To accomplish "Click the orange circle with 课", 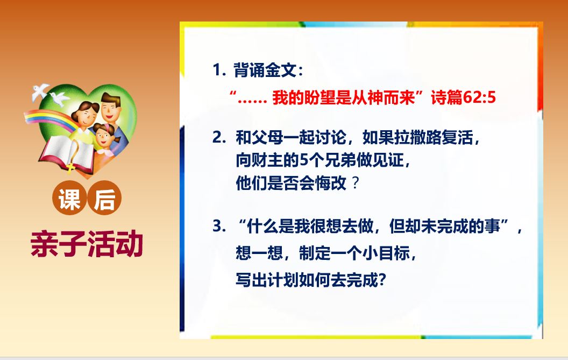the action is pyautogui.click(x=69, y=198).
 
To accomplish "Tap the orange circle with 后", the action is pyautogui.click(x=105, y=198).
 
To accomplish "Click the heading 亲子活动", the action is pyautogui.click(x=87, y=244).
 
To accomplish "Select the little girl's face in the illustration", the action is pyautogui.click(x=104, y=137).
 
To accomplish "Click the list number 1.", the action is pyautogui.click(x=219, y=70).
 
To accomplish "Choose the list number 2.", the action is pyautogui.click(x=219, y=138).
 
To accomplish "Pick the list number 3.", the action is pyautogui.click(x=219, y=226).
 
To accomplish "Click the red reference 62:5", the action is pyautogui.click(x=479, y=98).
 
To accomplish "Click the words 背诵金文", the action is pyautogui.click(x=265, y=70).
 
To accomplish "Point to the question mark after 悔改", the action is pyautogui.click(x=356, y=183).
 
